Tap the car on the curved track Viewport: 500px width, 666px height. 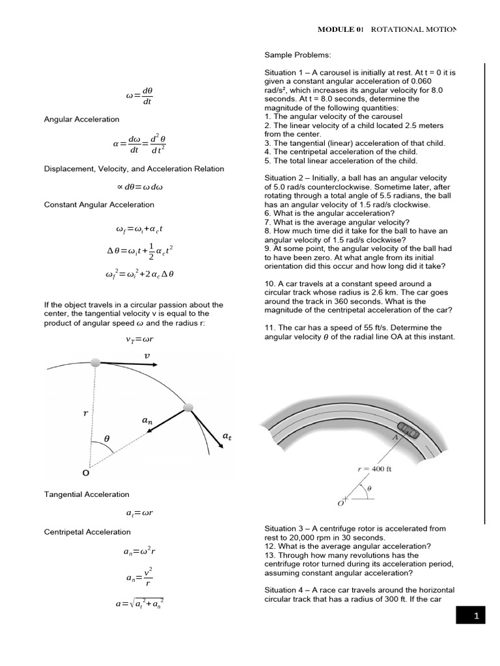pyautogui.click(x=409, y=429)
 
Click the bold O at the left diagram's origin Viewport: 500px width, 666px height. pyautogui.click(x=85, y=473)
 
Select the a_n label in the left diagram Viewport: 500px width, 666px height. pyautogui.click(x=147, y=421)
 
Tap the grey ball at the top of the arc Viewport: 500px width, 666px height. pyautogui.click(x=96, y=362)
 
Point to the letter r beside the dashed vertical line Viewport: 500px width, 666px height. pyautogui.click(x=84, y=412)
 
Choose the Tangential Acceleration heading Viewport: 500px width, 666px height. pyautogui.click(x=87, y=495)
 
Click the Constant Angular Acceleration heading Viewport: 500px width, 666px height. pyautogui.click(x=99, y=204)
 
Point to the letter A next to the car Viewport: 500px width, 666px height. pyautogui.click(x=395, y=438)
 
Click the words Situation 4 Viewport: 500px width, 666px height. pyautogui.click(x=286, y=589)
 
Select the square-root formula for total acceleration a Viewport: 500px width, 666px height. pyautogui.click(x=140, y=603)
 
